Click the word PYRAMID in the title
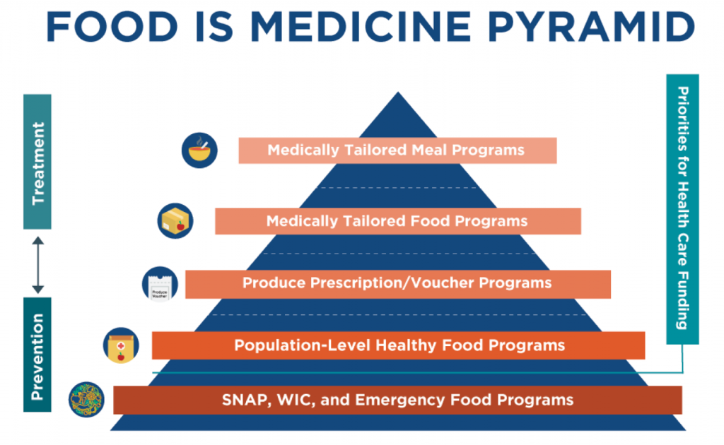pos(591,27)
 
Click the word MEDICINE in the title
pos(361,27)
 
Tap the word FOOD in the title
pos(112,27)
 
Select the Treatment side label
pos(37,162)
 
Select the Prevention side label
pos(37,355)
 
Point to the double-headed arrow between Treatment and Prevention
pos(38,265)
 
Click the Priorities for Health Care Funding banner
pos(682,209)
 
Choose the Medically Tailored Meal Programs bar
pos(397,150)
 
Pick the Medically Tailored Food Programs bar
pos(398,221)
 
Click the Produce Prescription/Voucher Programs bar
pos(398,284)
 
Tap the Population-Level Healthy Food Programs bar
pos(399,345)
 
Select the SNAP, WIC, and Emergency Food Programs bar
pos(397,400)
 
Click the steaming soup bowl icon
pos(199,150)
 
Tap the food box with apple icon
pos(175,221)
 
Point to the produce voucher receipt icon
pos(160,284)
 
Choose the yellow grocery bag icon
pos(121,345)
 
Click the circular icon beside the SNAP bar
pos(86,399)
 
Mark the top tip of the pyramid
pos(398,93)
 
